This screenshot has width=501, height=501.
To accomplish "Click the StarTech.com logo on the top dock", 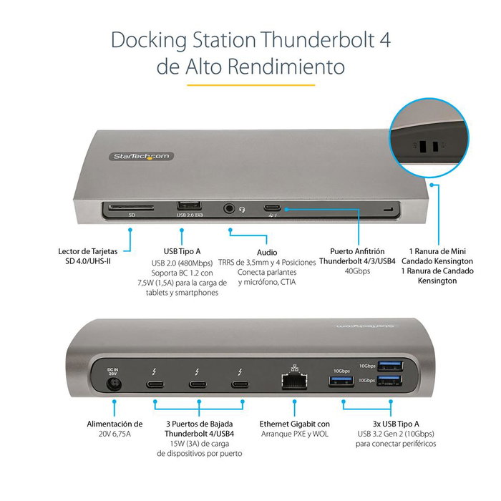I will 140,156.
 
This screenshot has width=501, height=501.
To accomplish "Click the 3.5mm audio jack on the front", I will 229,209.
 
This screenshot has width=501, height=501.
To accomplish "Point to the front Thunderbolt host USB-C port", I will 272,209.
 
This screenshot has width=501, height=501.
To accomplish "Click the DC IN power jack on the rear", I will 112,385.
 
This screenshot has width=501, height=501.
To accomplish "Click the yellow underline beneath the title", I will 250,84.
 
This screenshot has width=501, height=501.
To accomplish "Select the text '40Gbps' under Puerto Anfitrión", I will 356,272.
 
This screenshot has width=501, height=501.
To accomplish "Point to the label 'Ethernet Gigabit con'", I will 294,424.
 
